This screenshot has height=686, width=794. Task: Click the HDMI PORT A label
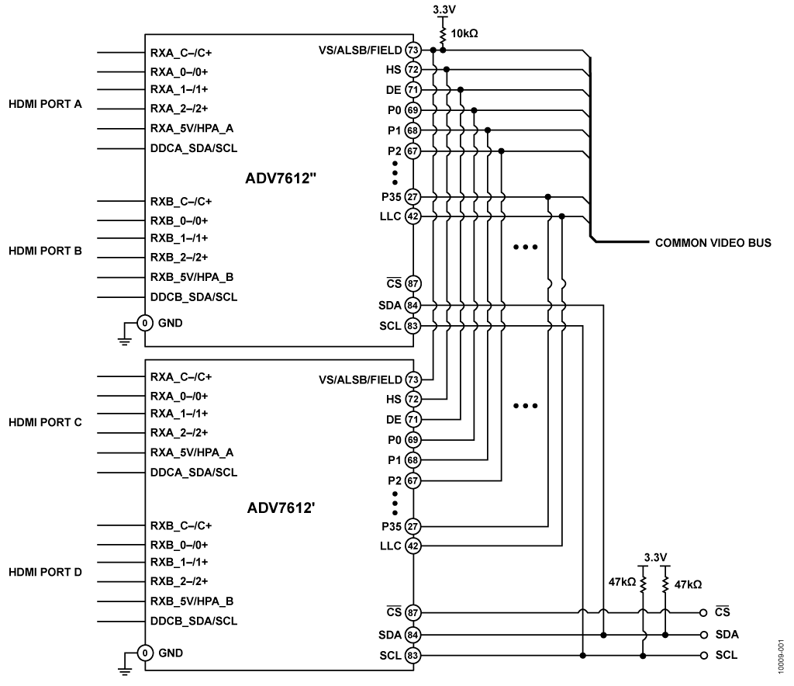point(45,104)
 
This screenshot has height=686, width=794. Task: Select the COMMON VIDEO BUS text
point(713,243)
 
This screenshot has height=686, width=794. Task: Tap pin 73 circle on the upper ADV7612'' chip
point(413,50)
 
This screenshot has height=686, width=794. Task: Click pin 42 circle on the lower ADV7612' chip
point(413,546)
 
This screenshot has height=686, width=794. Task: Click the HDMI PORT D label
point(45,571)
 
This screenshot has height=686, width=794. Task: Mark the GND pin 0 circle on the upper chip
point(143,323)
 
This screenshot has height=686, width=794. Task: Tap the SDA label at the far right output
point(727,635)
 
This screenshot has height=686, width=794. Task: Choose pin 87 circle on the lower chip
point(413,613)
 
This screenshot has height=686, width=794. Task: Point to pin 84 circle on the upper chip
point(413,306)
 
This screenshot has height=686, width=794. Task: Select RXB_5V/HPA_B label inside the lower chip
point(192,601)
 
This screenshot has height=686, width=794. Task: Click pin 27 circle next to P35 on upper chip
point(413,197)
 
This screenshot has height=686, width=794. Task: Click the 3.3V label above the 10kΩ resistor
point(443,9)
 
